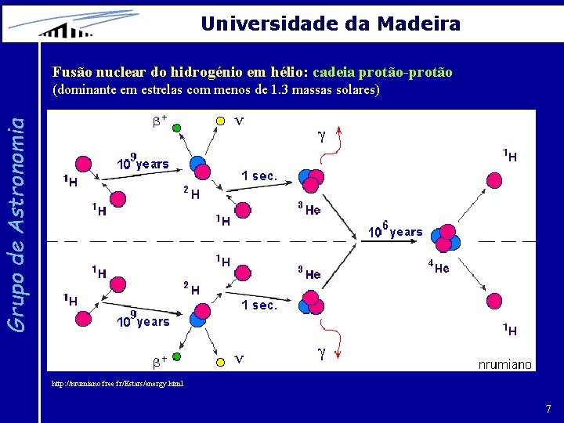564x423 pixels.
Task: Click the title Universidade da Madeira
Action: click(x=330, y=23)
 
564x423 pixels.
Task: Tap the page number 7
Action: click(x=548, y=409)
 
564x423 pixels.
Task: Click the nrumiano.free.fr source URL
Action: click(x=117, y=384)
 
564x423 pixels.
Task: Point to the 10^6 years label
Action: click(x=396, y=230)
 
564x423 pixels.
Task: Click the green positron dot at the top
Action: click(x=177, y=127)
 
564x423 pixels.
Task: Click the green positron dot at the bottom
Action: click(x=177, y=356)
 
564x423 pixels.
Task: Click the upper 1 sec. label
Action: click(x=258, y=176)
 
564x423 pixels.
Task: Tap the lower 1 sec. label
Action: click(x=258, y=305)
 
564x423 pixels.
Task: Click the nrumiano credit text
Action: click(x=505, y=363)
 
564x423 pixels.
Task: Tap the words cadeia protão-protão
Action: click(x=382, y=72)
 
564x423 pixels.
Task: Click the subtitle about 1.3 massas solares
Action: click(x=215, y=90)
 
